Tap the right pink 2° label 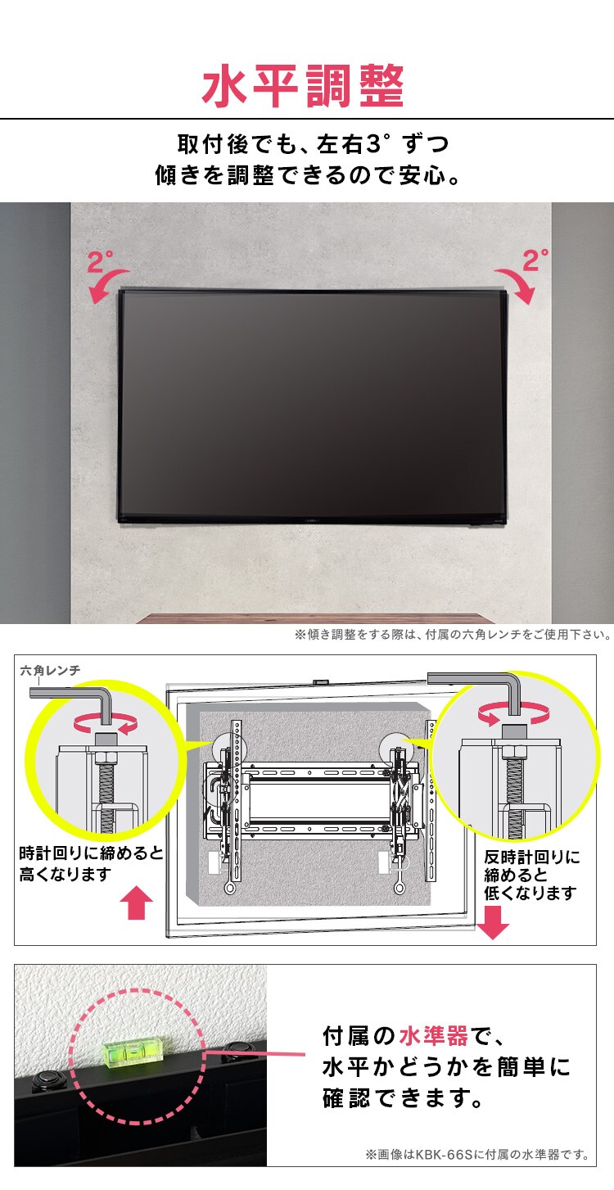click(535, 260)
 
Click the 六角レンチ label click(50, 671)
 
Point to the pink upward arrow click(137, 905)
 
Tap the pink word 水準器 click(433, 1036)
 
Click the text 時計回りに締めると click(91, 854)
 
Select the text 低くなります click(530, 893)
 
